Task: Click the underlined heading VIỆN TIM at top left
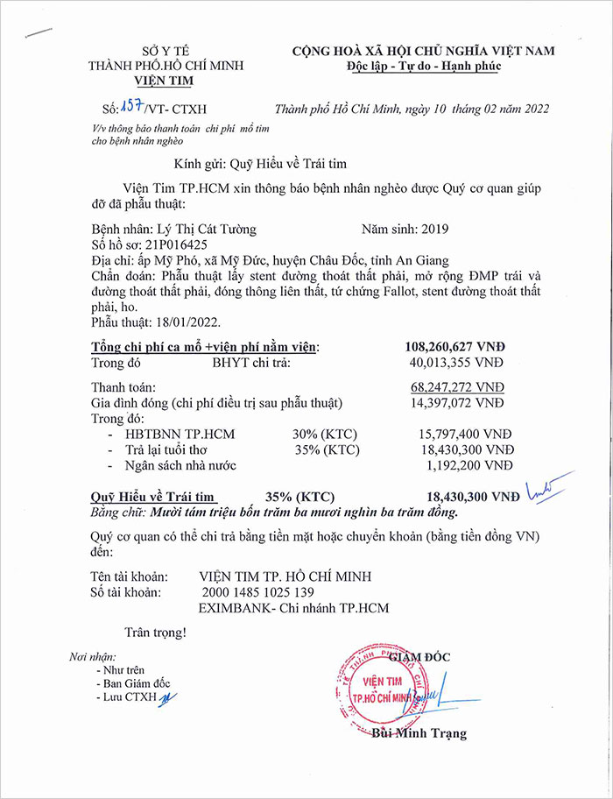pos(166,81)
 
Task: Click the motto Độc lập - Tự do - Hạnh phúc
pos(423,67)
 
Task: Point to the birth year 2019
pos(434,230)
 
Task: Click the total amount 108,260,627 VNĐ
pos(454,346)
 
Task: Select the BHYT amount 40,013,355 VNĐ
pos(458,361)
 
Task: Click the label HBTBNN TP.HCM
pos(180,434)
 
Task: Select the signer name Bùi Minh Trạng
pos(419,733)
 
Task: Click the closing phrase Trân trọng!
pos(155,631)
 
